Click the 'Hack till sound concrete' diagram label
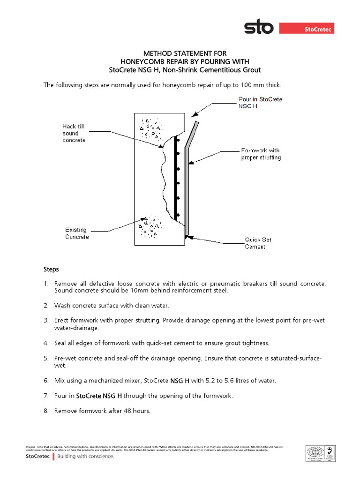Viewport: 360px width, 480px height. click(74, 133)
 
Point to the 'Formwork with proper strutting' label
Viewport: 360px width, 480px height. click(261, 154)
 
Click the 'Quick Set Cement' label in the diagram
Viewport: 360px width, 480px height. click(258, 243)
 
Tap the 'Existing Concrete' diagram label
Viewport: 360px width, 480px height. click(76, 233)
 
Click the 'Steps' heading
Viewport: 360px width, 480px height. click(51, 270)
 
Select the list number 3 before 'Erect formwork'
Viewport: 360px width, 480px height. click(46, 320)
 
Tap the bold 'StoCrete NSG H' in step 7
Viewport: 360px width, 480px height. click(97, 396)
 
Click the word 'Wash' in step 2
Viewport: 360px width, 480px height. click(62, 306)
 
